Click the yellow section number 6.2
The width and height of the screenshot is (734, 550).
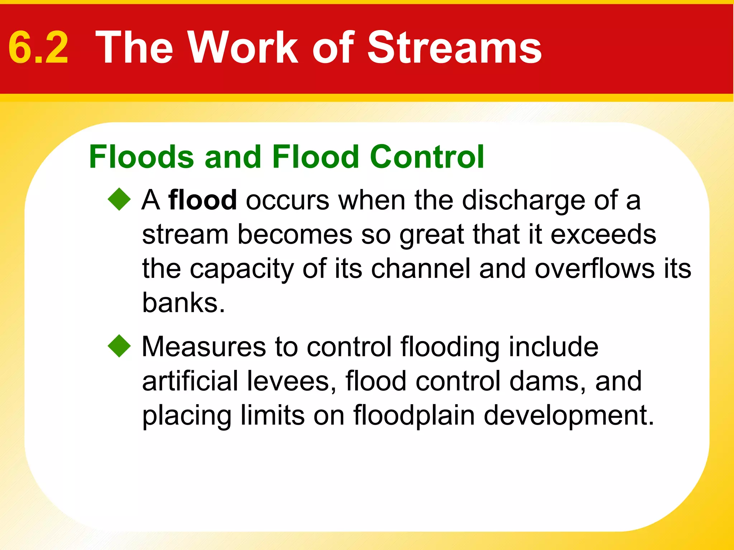coord(38,48)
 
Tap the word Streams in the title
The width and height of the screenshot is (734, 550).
coord(454,48)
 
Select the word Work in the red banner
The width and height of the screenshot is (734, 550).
coord(243,48)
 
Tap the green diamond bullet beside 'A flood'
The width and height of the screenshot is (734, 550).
coord(119,199)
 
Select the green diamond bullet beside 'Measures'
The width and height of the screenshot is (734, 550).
coord(119,346)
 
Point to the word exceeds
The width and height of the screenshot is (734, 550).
coord(603,235)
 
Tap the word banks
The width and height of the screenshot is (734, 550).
coord(183,303)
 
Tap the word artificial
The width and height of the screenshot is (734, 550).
coord(190,381)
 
